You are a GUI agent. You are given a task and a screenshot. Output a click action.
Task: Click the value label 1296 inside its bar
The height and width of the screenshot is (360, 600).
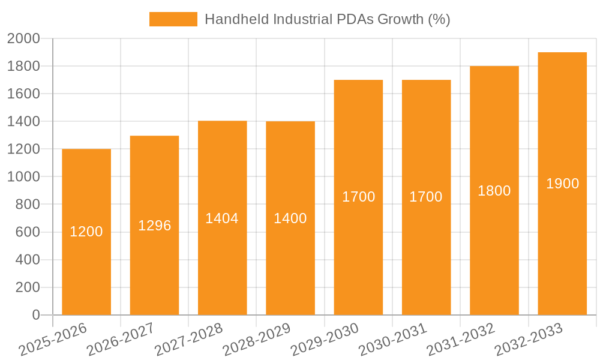(155, 226)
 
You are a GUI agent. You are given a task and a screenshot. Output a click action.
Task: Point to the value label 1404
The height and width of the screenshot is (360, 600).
(222, 218)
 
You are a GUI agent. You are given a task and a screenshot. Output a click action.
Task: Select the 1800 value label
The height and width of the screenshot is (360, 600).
(494, 191)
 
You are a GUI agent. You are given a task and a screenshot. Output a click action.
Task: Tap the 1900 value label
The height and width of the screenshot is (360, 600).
(562, 184)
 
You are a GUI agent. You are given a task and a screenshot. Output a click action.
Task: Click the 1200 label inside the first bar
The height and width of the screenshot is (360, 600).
(86, 232)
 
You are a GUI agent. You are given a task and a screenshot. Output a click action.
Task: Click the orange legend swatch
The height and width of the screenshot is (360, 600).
(173, 19)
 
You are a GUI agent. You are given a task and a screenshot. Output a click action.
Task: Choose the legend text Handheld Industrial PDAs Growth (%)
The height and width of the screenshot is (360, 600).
(327, 19)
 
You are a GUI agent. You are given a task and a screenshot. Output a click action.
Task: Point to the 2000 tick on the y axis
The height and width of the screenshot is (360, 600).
(23, 39)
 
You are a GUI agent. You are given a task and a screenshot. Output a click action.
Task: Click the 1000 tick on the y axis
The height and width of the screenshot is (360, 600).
(23, 177)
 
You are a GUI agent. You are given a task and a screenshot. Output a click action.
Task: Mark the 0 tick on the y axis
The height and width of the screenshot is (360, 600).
(35, 315)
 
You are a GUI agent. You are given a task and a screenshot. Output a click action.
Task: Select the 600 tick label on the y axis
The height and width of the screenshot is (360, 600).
(27, 232)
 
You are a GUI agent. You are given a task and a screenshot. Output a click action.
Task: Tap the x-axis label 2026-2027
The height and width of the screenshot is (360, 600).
(121, 340)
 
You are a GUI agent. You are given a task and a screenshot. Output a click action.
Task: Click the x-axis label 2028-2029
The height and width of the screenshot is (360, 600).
(257, 340)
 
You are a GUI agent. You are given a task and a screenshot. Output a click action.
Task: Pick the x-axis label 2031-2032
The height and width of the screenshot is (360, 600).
(461, 340)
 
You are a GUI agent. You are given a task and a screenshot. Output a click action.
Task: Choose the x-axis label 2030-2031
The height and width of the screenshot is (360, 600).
(393, 340)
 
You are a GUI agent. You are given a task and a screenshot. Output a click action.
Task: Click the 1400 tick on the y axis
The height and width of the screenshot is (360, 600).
(23, 122)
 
